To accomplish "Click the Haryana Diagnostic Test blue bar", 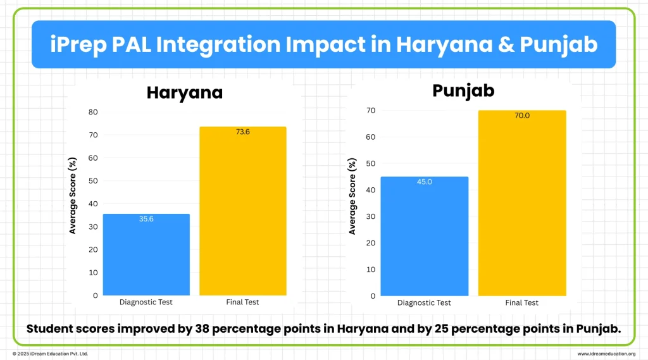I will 146,254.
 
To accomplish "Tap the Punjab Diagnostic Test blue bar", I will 424,236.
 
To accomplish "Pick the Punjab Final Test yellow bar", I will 521,203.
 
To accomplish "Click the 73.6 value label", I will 243,132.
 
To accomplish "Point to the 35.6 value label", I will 146,219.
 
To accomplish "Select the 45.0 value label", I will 424,182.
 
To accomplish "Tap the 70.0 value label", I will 521,116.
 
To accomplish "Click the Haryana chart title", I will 185,92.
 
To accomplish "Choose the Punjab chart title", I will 463,90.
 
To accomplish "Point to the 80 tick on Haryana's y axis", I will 93,112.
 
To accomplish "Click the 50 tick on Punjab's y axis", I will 371,163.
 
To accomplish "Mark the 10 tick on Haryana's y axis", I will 93,272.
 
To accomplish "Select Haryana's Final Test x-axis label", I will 243,302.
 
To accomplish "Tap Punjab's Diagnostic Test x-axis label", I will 424,303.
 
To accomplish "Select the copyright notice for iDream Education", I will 51,354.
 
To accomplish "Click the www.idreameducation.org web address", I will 606,354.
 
